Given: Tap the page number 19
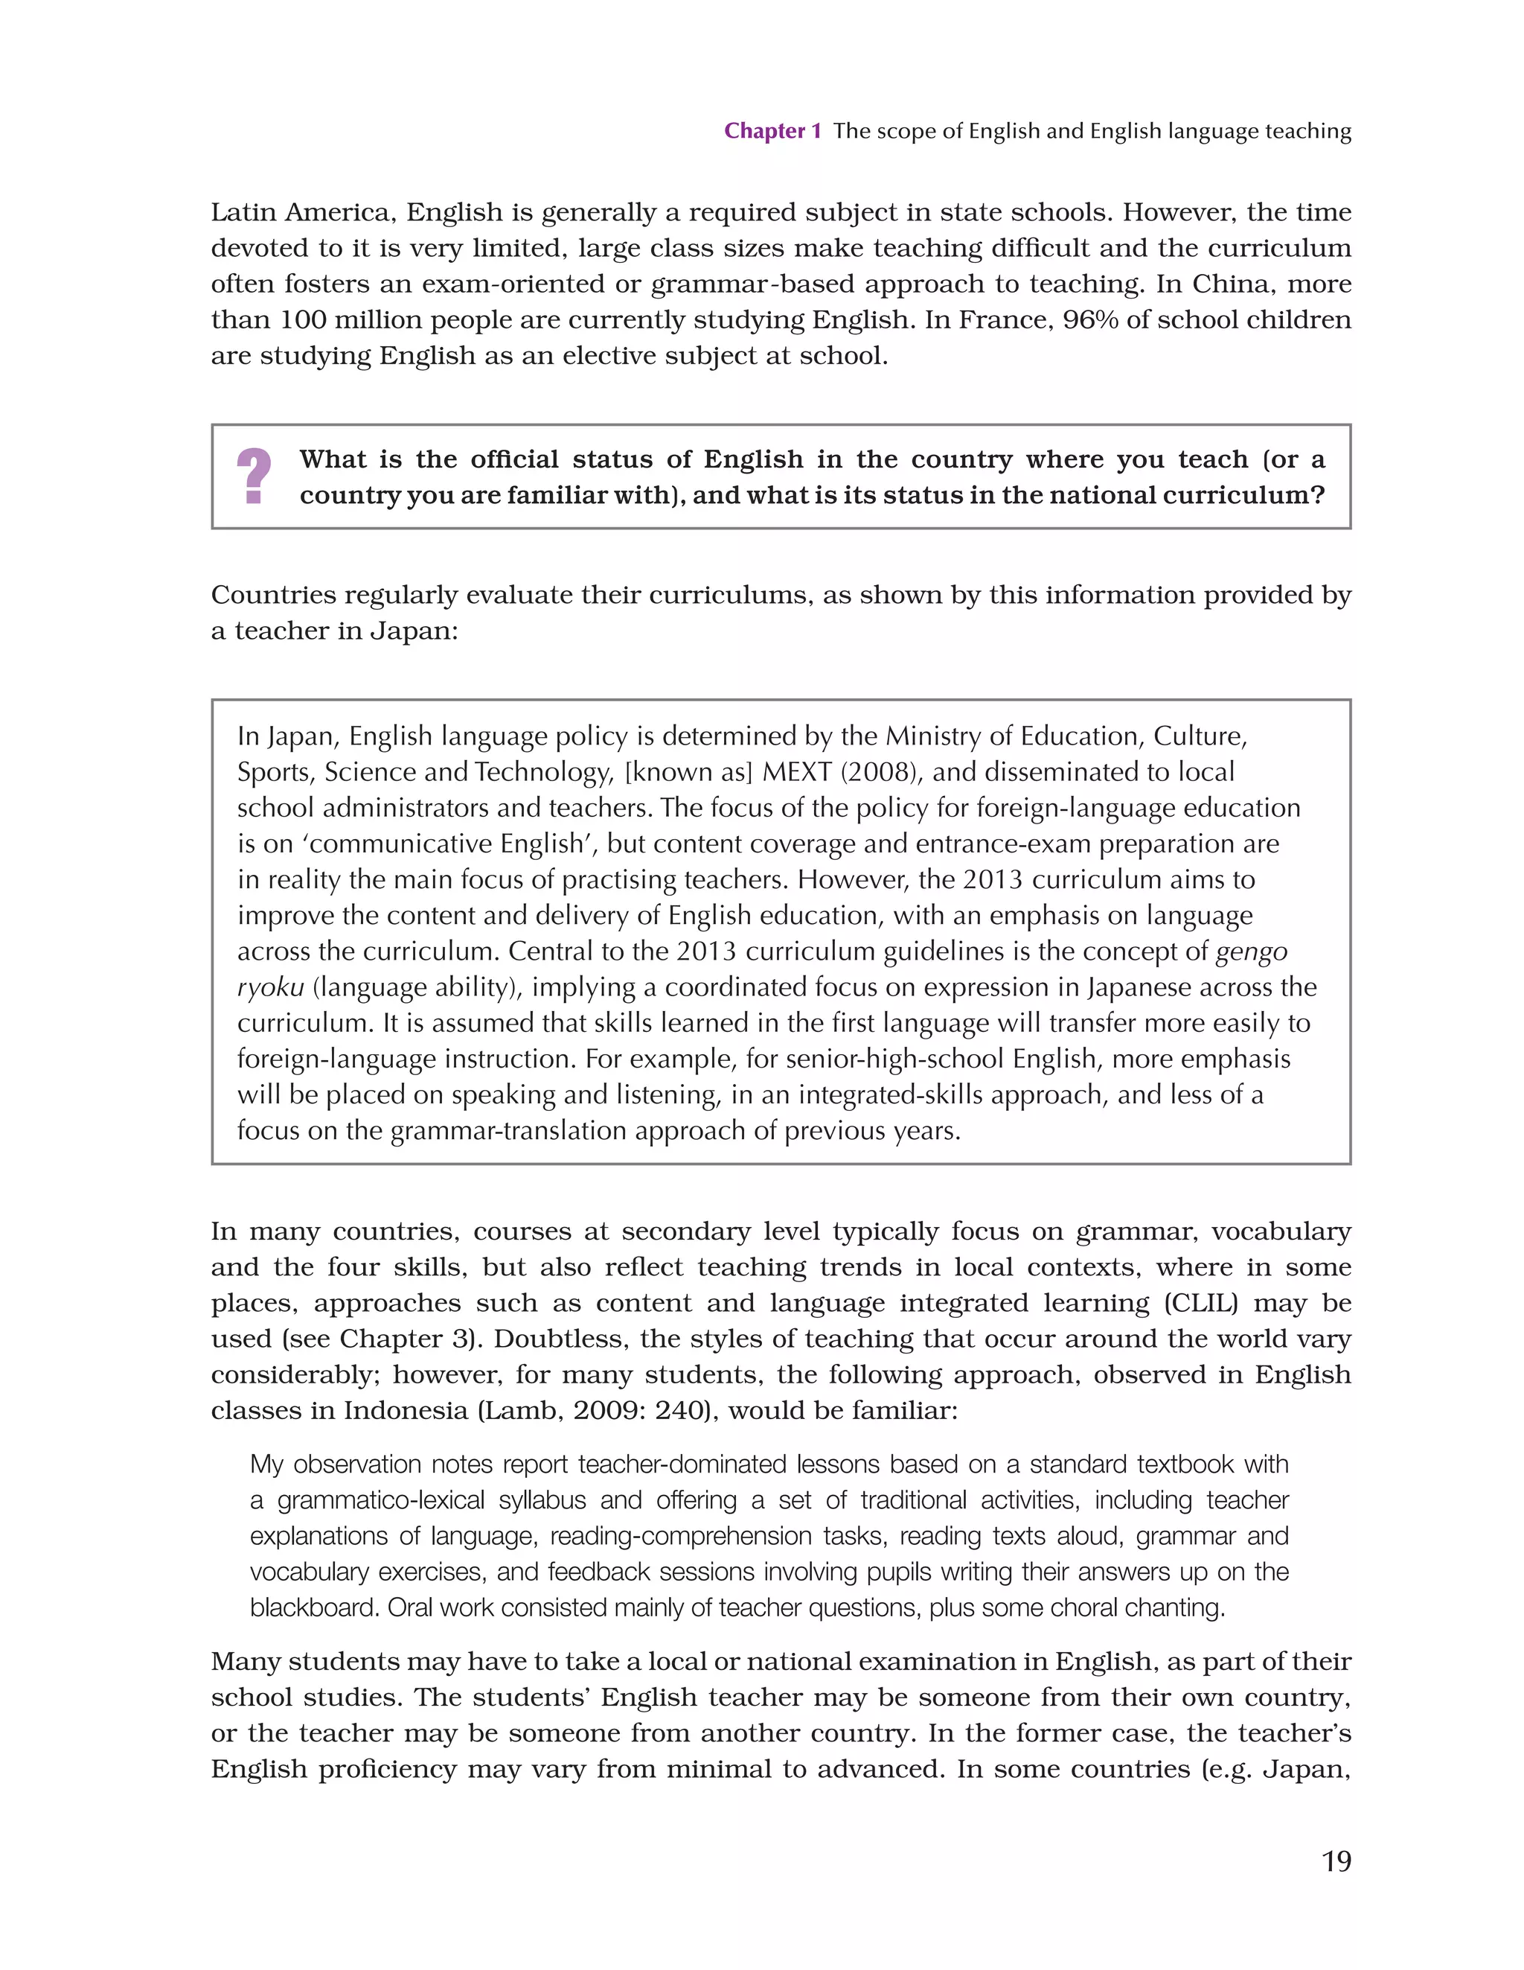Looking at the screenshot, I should coord(1336,1861).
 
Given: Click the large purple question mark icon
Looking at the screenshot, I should coord(254,476).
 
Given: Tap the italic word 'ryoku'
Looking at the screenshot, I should coord(269,988).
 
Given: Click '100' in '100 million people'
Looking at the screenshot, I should coord(302,320).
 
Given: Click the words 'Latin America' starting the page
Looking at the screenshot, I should coord(302,213).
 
